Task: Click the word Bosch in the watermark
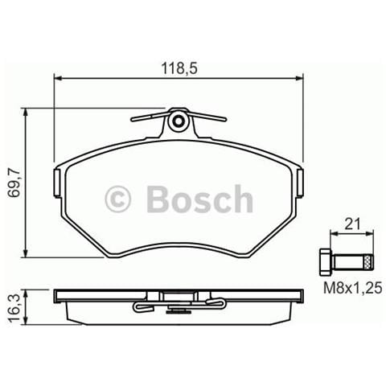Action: point(199,199)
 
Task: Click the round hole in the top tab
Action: point(179,121)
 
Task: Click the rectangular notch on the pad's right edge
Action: point(301,178)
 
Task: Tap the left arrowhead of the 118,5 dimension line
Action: point(57,77)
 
